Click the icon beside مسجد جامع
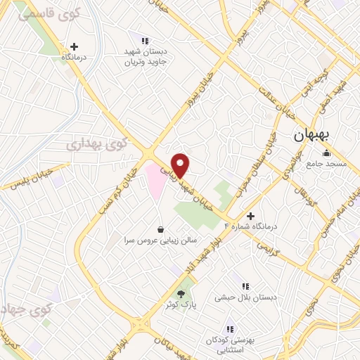tap(326, 154)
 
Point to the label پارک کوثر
tap(181, 305)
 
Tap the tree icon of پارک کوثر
tap(181, 294)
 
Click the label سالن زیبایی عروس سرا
tap(161, 239)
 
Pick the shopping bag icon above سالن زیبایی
tap(161, 229)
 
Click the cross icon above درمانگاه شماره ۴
tap(251, 216)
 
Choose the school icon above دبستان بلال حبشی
tap(246, 286)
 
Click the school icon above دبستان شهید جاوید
tap(146, 41)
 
